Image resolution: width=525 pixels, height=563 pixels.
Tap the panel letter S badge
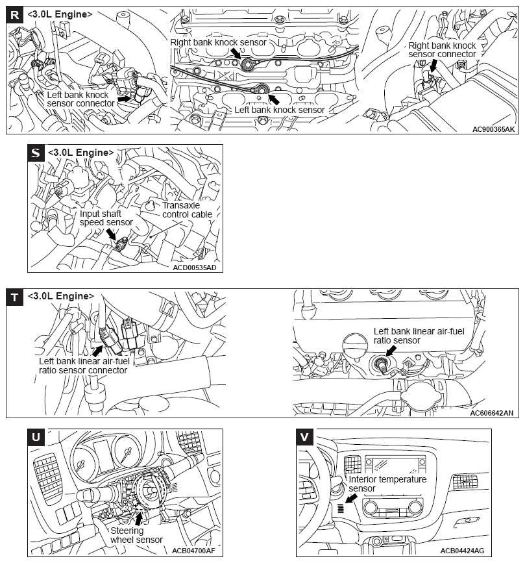(36, 153)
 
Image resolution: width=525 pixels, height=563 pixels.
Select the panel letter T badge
(14, 297)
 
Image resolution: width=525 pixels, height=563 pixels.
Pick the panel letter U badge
(36, 436)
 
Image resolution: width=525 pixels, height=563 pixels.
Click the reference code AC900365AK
(493, 129)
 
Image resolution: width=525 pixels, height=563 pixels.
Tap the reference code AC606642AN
(492, 412)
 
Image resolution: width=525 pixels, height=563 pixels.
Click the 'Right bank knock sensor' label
(218, 42)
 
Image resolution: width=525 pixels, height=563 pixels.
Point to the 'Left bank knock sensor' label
(279, 110)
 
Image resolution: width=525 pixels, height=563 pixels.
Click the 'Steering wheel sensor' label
(136, 534)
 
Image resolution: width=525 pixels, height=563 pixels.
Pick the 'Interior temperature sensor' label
(387, 484)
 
